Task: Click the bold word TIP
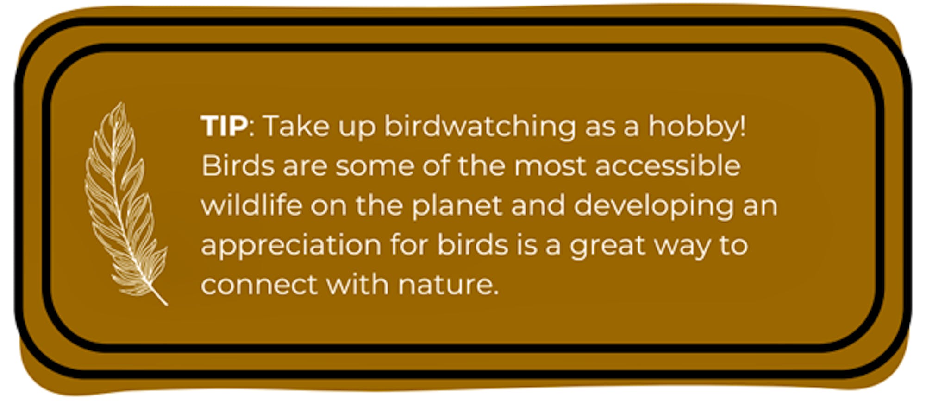[x=224, y=126]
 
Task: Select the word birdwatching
[x=480, y=127]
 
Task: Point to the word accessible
[x=668, y=165]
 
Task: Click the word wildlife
[x=251, y=205]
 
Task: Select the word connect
[x=259, y=284]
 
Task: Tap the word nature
[x=448, y=285]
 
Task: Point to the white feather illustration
[x=123, y=204]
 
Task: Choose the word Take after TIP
[x=296, y=126]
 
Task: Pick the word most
[x=550, y=166]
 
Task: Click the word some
[x=375, y=166]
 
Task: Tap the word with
[x=357, y=284]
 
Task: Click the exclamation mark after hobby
[x=743, y=126]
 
